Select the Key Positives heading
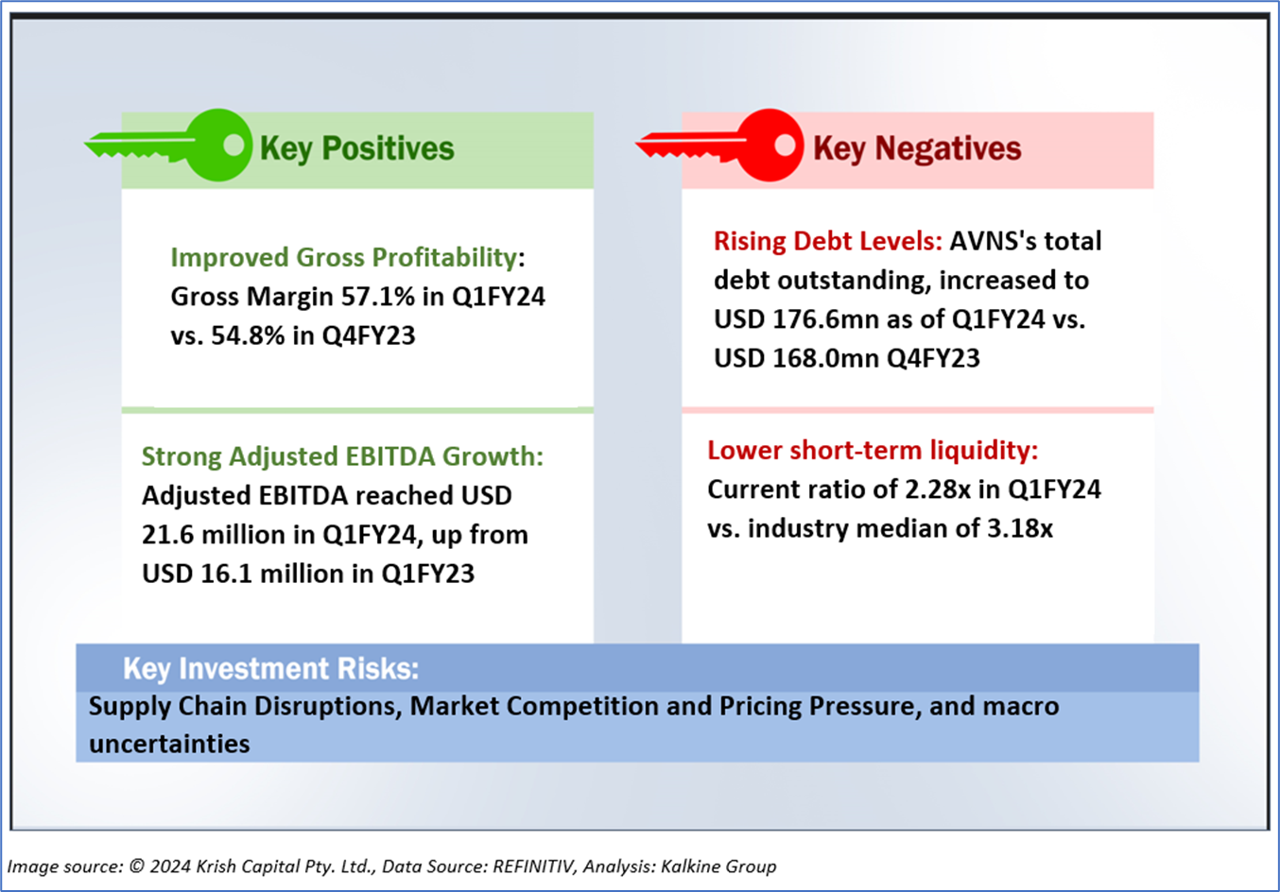(356, 148)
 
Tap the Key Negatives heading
(916, 148)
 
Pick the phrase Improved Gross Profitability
(344, 257)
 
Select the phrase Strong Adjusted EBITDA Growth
(341, 456)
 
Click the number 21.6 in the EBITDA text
(166, 535)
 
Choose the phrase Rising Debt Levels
(826, 241)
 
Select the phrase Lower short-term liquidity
(872, 450)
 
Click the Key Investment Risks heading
(270, 669)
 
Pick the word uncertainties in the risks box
(169, 744)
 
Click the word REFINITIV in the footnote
(531, 866)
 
